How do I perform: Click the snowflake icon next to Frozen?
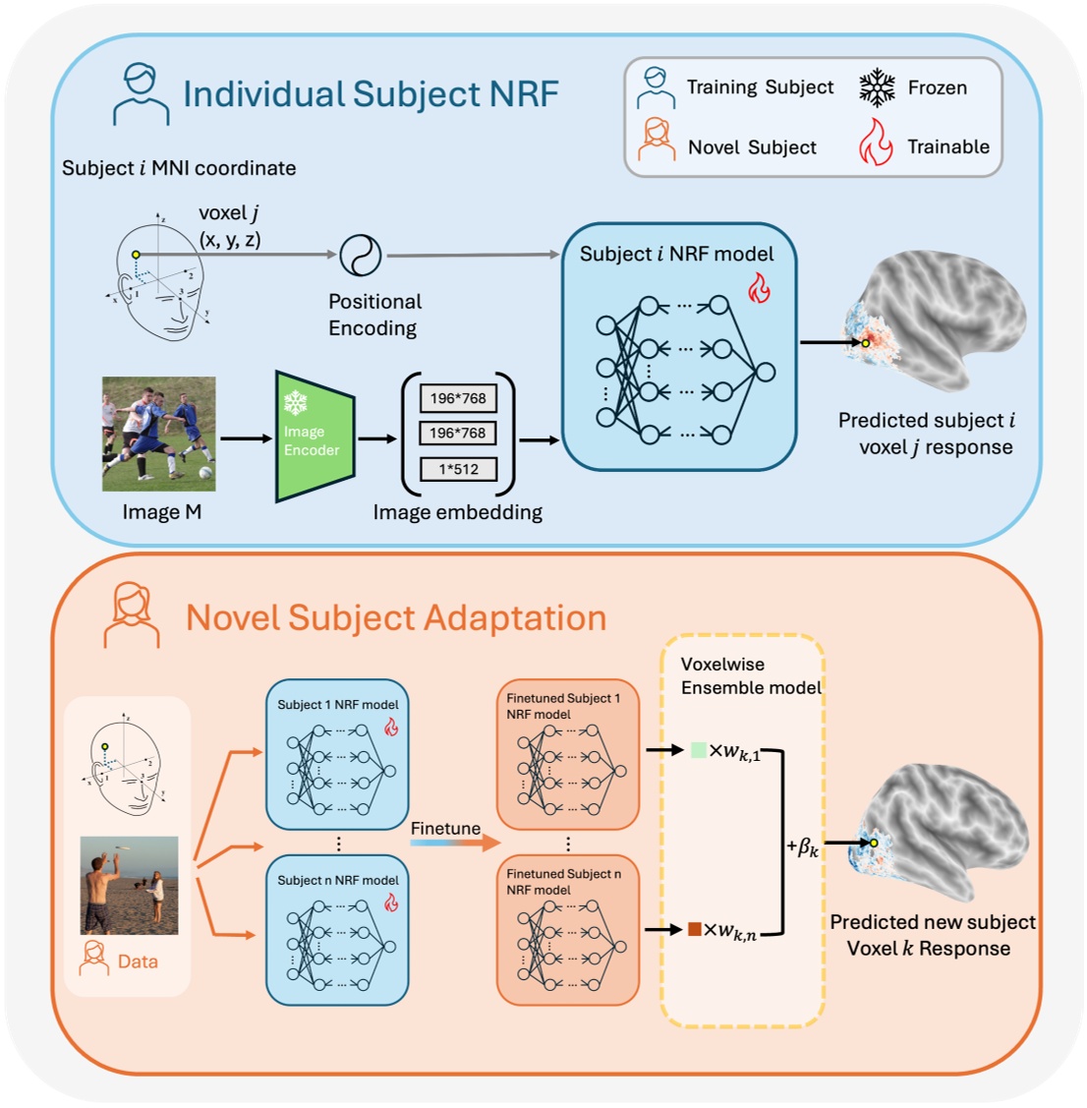pyautogui.click(x=877, y=87)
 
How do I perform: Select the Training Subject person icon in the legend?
pyautogui.click(x=656, y=87)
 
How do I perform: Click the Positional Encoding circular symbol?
pyautogui.click(x=360, y=256)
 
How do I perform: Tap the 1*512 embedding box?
pyautogui.click(x=458, y=469)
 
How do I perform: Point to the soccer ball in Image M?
pyautogui.click(x=205, y=472)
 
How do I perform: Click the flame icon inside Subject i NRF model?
pyautogui.click(x=759, y=288)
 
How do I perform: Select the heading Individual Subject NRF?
pyautogui.click(x=371, y=93)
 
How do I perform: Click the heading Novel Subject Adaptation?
pyautogui.click(x=396, y=617)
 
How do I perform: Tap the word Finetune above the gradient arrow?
pyautogui.click(x=445, y=829)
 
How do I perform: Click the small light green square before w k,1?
pyautogui.click(x=698, y=750)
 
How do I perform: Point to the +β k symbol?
pyautogui.click(x=802, y=846)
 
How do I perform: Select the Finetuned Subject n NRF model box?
pyautogui.click(x=567, y=929)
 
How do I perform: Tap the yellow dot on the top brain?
pyautogui.click(x=865, y=343)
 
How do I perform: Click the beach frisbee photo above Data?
pyautogui.click(x=129, y=885)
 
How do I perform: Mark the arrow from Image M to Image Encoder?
pyautogui.click(x=245, y=438)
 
